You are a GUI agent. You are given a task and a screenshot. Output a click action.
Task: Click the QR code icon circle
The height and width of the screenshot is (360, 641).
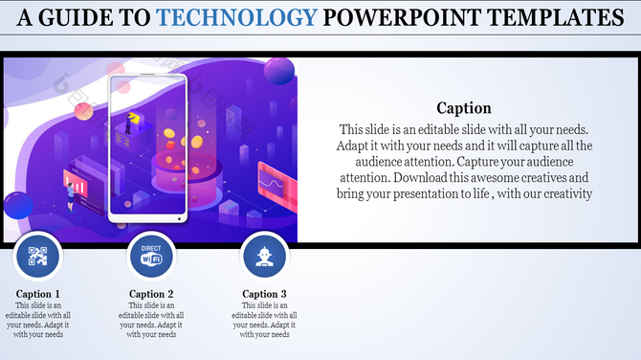[x=38, y=256]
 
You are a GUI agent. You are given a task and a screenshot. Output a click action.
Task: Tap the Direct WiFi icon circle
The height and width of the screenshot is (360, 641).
[x=151, y=256]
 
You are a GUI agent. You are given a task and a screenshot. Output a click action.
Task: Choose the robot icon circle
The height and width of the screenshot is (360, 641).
[x=264, y=256]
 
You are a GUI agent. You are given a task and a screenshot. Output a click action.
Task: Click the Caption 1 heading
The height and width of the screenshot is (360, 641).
[x=38, y=294]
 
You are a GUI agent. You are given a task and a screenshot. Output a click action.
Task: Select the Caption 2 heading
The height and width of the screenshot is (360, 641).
[x=151, y=294]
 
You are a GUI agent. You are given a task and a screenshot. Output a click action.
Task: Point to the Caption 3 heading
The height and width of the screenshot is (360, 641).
[x=264, y=294]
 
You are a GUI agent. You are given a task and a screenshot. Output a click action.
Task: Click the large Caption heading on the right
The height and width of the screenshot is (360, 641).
[x=464, y=108]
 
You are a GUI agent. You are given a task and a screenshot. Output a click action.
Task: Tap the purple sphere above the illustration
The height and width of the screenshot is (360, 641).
[x=279, y=70]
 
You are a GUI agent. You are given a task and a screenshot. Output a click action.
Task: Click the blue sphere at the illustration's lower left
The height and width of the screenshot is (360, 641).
[x=17, y=205]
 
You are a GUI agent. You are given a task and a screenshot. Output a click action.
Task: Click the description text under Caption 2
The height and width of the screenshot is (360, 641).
[x=151, y=320]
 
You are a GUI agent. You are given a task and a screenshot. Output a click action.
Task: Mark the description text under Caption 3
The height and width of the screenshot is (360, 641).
[x=264, y=320]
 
